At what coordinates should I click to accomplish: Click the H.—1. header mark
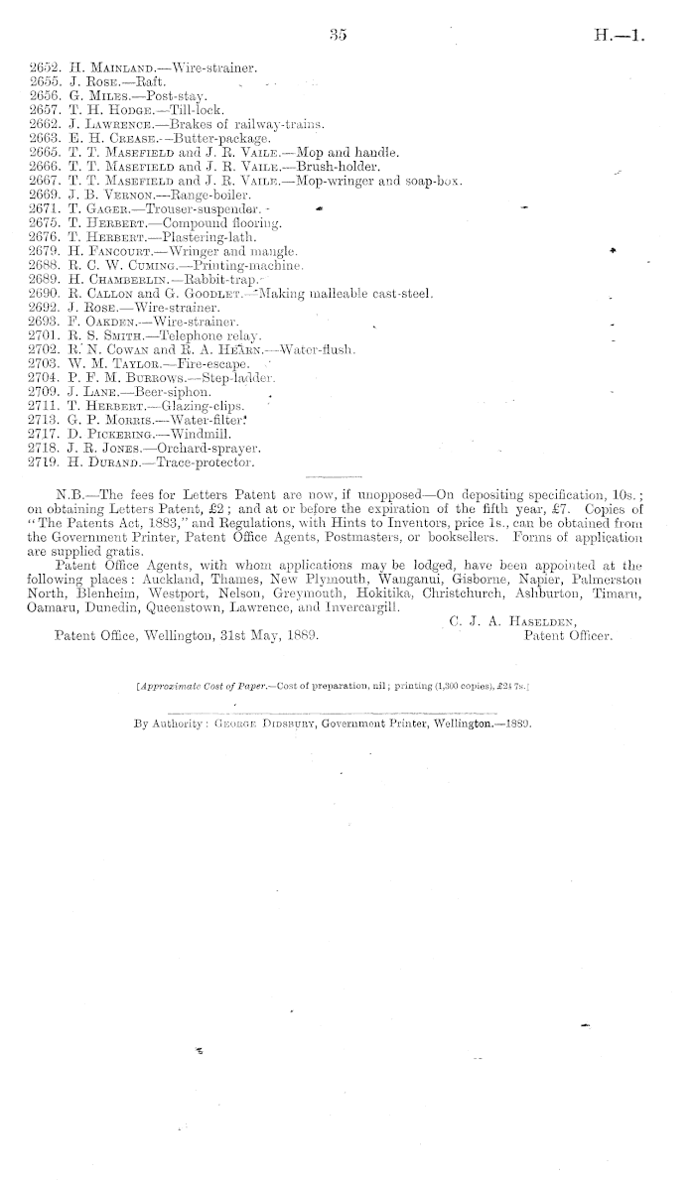(x=620, y=37)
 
